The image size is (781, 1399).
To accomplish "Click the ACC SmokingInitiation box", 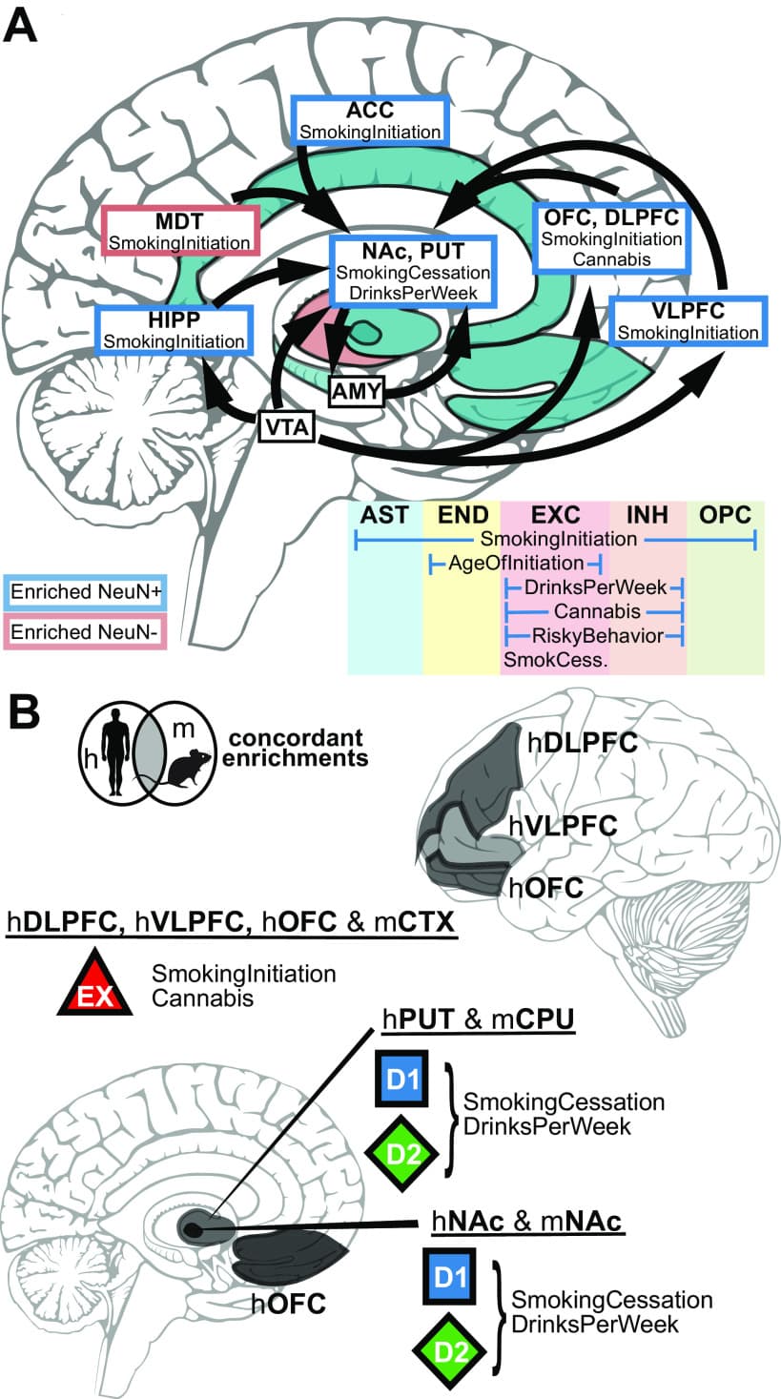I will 370,122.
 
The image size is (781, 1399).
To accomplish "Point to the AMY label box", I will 356,391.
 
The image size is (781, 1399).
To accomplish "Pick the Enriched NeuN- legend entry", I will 85,630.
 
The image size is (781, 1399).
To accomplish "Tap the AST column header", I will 384,515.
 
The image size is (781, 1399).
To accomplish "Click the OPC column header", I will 725,515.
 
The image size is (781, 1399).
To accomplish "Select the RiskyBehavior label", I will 594,635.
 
